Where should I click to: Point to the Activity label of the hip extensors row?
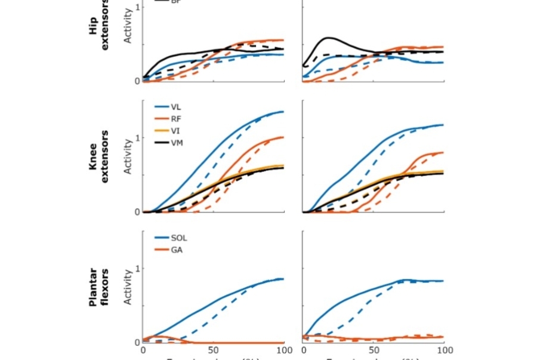(x=128, y=27)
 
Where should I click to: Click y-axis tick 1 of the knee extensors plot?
(x=137, y=137)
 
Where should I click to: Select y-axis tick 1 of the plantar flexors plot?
(x=137, y=268)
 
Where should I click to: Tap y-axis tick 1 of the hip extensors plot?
(x=137, y=7)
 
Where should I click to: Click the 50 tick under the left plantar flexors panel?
(x=212, y=350)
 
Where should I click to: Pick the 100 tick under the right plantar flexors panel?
(x=444, y=350)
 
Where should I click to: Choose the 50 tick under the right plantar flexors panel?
(x=374, y=350)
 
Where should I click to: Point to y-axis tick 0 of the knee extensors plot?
(x=137, y=212)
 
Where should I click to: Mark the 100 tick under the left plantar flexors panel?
(x=283, y=350)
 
